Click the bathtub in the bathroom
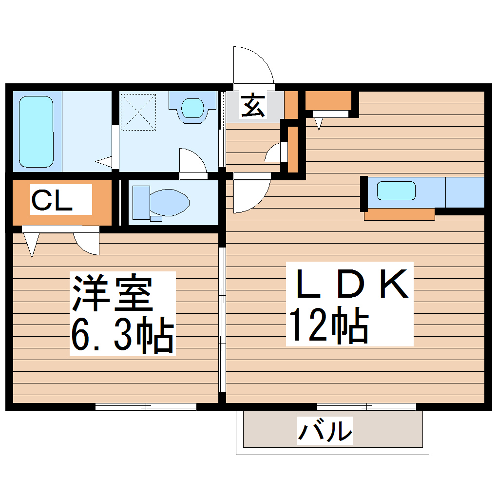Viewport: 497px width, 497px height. [x=36, y=132]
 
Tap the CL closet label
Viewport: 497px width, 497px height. [x=52, y=199]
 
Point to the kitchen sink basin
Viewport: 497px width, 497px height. [x=397, y=191]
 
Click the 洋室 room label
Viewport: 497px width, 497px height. [x=113, y=293]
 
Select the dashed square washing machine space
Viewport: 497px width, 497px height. [x=138, y=112]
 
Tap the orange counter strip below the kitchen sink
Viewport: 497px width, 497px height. [x=399, y=214]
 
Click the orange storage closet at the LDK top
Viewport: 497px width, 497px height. [x=328, y=100]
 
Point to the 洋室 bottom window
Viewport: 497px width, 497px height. [x=146, y=406]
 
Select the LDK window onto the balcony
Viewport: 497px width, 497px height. [x=366, y=406]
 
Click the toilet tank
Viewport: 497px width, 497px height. [x=141, y=201]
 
